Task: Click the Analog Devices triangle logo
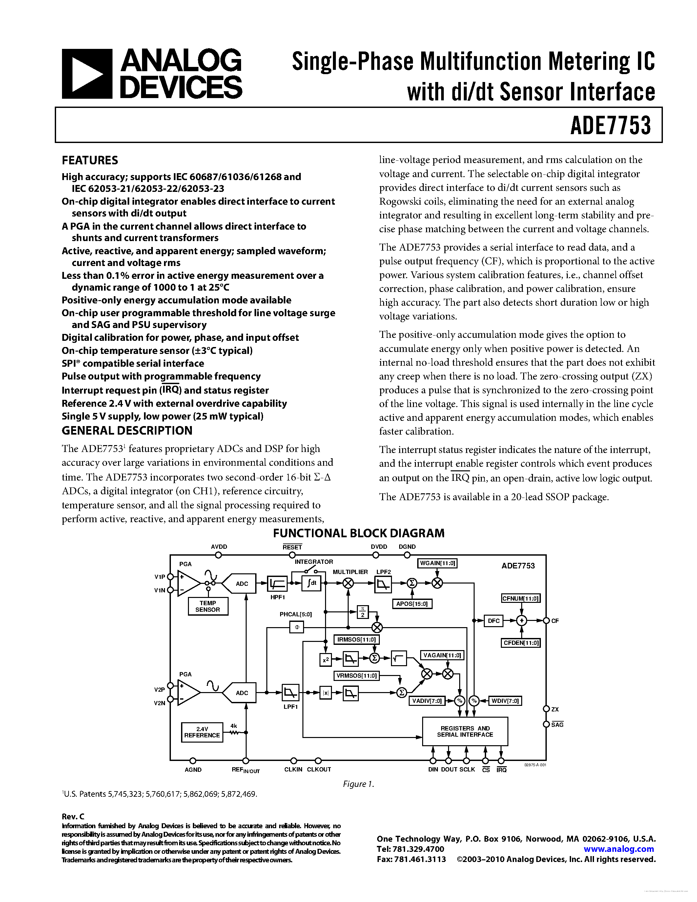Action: tap(87, 74)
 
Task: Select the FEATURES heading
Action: tap(90, 160)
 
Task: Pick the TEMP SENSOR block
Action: tap(208, 606)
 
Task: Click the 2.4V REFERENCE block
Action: tap(202, 732)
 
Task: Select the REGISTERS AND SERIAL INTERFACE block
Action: tap(465, 731)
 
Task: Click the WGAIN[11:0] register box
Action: tap(438, 563)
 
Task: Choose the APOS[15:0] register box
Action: tap(412, 604)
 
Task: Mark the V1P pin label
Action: tap(159, 577)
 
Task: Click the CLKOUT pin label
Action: tap(319, 769)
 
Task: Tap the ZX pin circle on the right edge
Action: tap(546, 709)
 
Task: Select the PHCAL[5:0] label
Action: tap(296, 614)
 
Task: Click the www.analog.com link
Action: tap(619, 849)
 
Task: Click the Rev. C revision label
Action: tap(73, 816)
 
